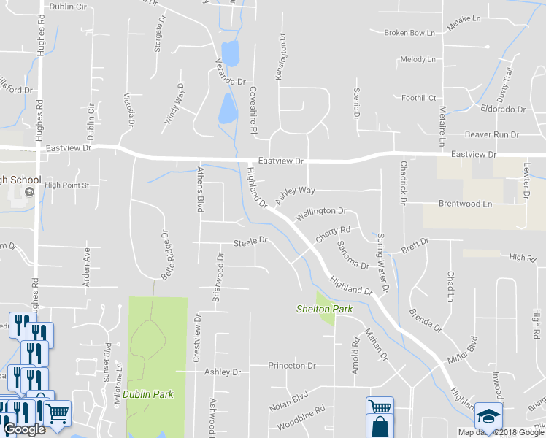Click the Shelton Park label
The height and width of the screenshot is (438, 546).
(324, 309)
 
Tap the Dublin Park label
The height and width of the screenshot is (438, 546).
(147, 394)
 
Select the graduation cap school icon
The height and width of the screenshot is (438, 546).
(488, 416)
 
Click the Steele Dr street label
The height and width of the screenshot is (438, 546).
(250, 241)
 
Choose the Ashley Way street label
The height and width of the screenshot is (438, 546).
(295, 194)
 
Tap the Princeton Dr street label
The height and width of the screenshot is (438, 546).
(291, 365)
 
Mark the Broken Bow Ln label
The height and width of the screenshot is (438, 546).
(409, 33)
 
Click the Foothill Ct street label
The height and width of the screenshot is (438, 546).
(418, 98)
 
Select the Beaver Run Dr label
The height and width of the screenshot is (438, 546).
(492, 135)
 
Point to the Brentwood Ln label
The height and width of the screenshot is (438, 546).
(465, 204)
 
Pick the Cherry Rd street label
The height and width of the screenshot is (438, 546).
(334, 234)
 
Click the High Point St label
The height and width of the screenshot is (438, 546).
(66, 185)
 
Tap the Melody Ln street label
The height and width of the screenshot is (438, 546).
(418, 59)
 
